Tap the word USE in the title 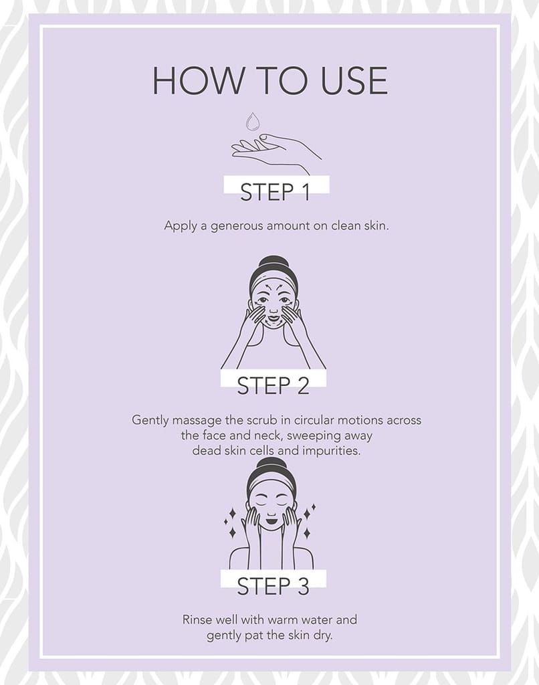coord(354,81)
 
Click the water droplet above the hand coord(252,122)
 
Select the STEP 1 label coord(275,192)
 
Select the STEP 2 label coord(274,385)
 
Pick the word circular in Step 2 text coord(314,420)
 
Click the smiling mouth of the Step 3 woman coord(271,520)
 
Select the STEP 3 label coord(274,586)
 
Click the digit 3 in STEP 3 coord(303,586)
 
